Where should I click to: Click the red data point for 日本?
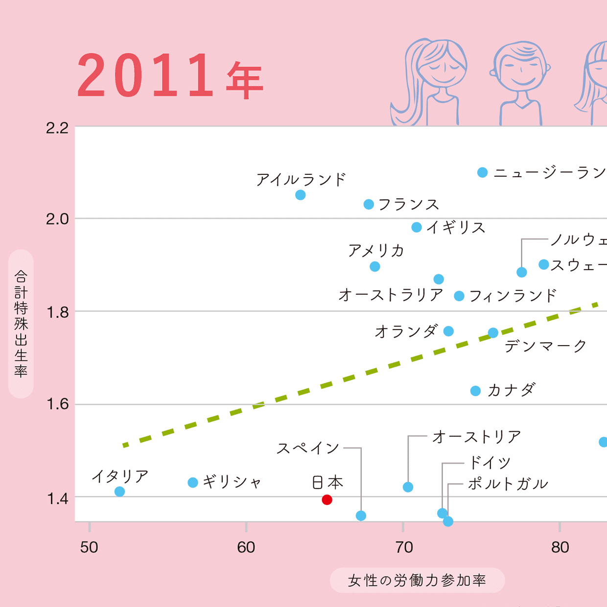(x=327, y=500)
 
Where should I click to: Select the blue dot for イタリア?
(x=119, y=491)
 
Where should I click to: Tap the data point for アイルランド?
(x=301, y=195)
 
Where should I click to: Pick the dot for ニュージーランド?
(x=483, y=172)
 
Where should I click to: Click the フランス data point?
(x=369, y=205)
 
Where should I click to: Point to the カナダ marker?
(x=475, y=391)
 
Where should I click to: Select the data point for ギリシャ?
(x=193, y=483)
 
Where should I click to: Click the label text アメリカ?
(x=376, y=251)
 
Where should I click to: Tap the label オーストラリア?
(x=391, y=295)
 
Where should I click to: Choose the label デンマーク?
(x=545, y=346)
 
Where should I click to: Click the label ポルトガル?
(x=508, y=484)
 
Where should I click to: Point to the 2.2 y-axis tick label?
(x=57, y=128)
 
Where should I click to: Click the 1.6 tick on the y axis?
(x=57, y=404)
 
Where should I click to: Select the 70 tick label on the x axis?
(x=404, y=547)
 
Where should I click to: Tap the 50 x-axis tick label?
(x=89, y=547)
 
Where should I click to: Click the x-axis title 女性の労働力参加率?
(x=417, y=581)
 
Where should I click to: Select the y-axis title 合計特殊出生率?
(x=21, y=324)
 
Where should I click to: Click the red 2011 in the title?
(x=145, y=76)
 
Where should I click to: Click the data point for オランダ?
(x=448, y=331)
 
